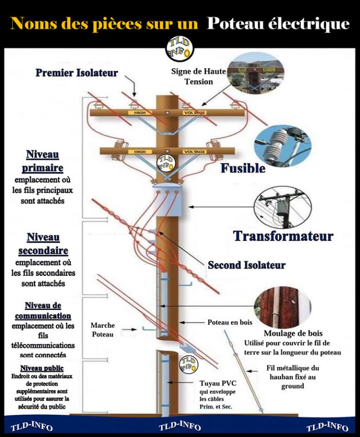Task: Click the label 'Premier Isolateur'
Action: click(x=77, y=73)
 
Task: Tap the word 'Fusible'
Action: click(x=243, y=168)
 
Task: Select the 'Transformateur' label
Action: click(x=283, y=236)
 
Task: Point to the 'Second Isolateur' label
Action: click(x=246, y=265)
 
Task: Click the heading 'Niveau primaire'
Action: click(x=42, y=161)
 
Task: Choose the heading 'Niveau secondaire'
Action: click(x=43, y=243)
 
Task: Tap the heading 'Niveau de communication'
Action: click(x=43, y=310)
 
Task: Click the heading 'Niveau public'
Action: click(x=42, y=368)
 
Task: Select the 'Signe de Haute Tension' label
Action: click(x=198, y=76)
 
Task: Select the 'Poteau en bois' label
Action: click(x=230, y=322)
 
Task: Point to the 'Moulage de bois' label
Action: click(x=287, y=333)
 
